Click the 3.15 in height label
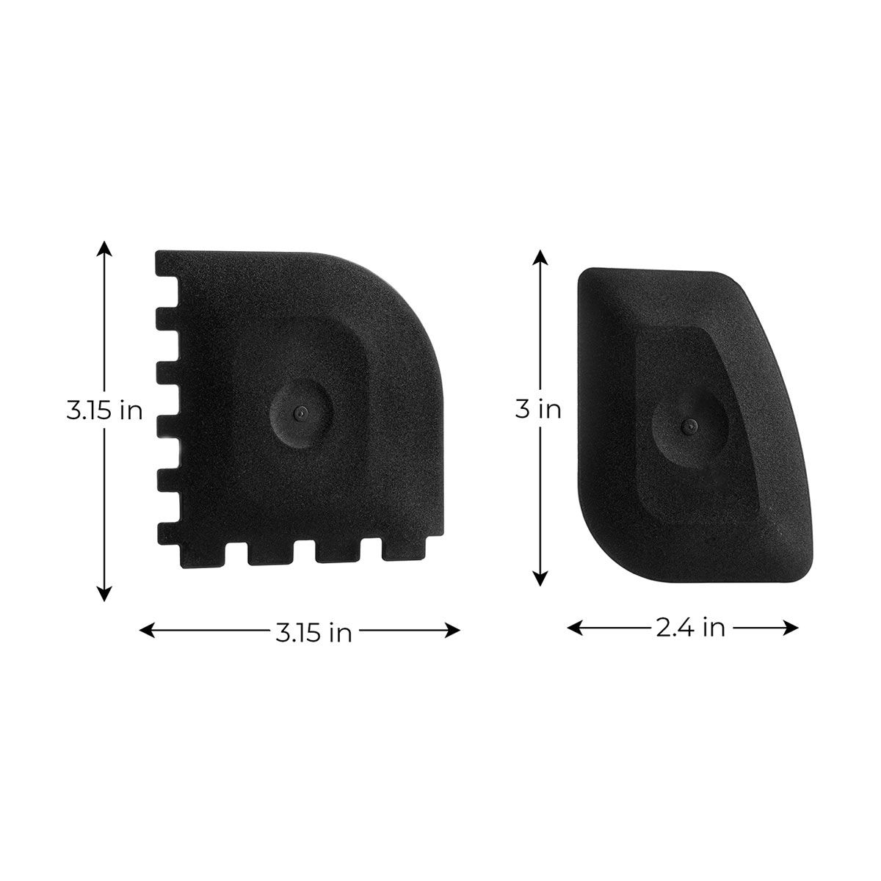click(x=104, y=410)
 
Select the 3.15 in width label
click(x=313, y=632)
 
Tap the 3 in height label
click(x=538, y=409)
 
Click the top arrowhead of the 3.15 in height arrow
click(x=105, y=248)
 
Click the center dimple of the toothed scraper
click(x=299, y=413)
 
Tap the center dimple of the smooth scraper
click(x=686, y=425)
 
